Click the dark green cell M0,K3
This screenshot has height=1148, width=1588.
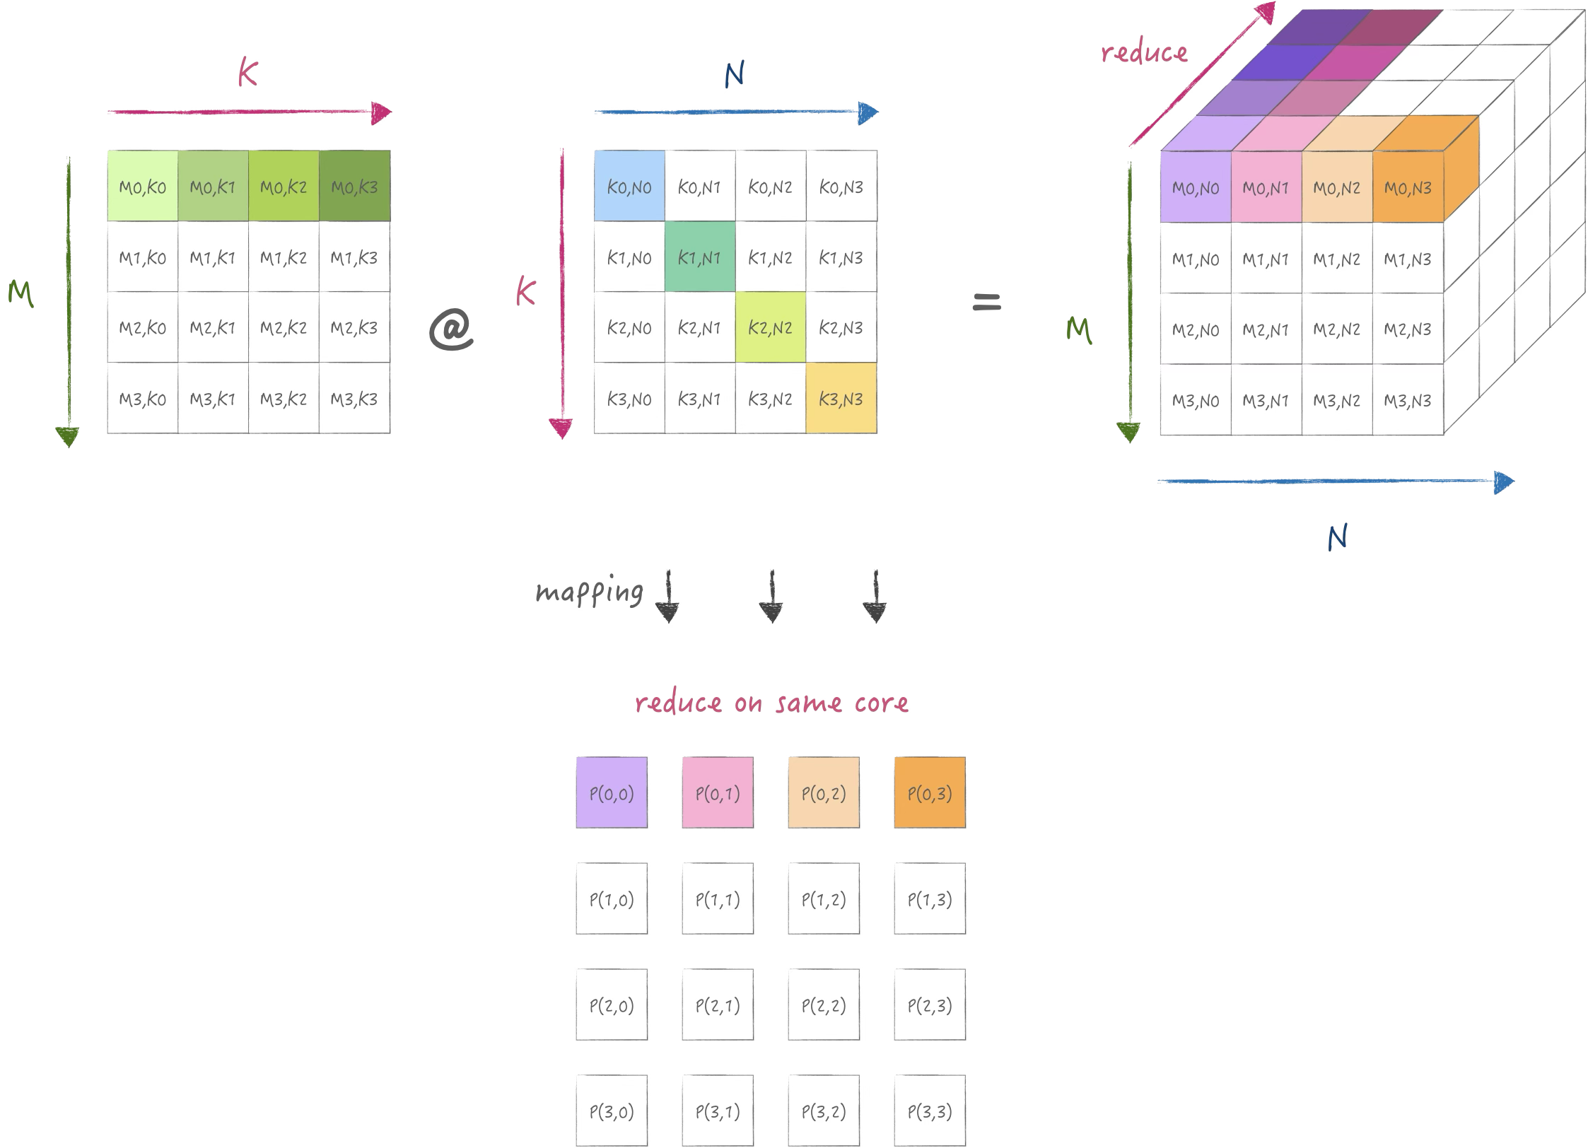coord(354,187)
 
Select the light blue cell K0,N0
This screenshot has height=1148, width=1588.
coord(629,187)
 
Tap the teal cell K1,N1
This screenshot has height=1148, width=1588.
coord(700,257)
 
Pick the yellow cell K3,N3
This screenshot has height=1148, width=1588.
coord(841,399)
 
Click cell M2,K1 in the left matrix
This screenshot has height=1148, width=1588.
coord(213,328)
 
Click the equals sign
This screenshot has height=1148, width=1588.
coord(987,303)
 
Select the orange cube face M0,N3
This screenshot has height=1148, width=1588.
coord(1408,188)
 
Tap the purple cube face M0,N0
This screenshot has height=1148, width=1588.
coord(1196,188)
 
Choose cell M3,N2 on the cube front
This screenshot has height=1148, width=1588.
coord(1337,400)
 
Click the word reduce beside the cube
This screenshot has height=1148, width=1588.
coord(1144,52)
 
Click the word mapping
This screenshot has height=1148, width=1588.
coord(590,592)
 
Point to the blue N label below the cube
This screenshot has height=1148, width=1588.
coord(1337,539)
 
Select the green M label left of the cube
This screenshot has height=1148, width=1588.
coord(1079,329)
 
